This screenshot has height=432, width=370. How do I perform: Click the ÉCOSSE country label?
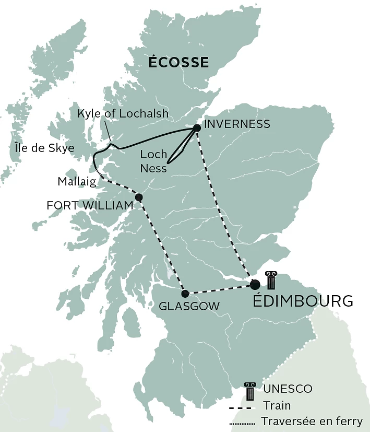click(x=178, y=63)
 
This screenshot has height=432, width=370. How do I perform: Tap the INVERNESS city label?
click(x=237, y=124)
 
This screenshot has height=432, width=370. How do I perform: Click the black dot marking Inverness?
click(x=197, y=128)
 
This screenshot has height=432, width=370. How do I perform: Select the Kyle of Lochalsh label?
click(x=123, y=113)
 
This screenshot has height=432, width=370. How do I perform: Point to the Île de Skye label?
click(x=44, y=148)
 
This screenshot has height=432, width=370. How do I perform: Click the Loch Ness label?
click(x=154, y=161)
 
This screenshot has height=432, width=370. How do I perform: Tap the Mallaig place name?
click(x=77, y=182)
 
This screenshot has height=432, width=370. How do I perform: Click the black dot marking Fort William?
click(x=139, y=197)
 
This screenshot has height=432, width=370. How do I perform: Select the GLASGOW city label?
click(x=188, y=306)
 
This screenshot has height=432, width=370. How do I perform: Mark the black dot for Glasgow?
click(x=185, y=293)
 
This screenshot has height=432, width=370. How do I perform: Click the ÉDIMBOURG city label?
click(x=303, y=301)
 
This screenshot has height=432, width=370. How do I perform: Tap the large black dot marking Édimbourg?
click(x=255, y=285)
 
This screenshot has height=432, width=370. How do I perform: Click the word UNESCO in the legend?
click(x=288, y=389)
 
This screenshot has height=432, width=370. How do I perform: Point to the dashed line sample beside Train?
click(x=241, y=407)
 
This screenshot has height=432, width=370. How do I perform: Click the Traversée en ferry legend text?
click(x=312, y=421)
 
